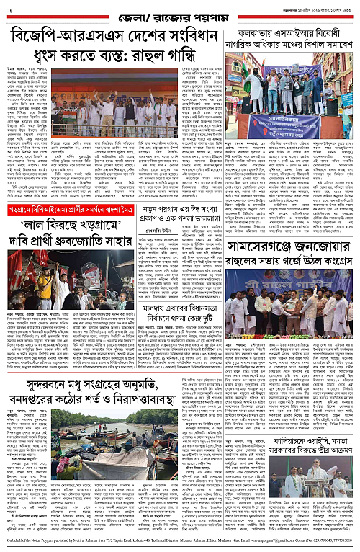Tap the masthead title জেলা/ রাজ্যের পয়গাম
(x=179, y=12)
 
